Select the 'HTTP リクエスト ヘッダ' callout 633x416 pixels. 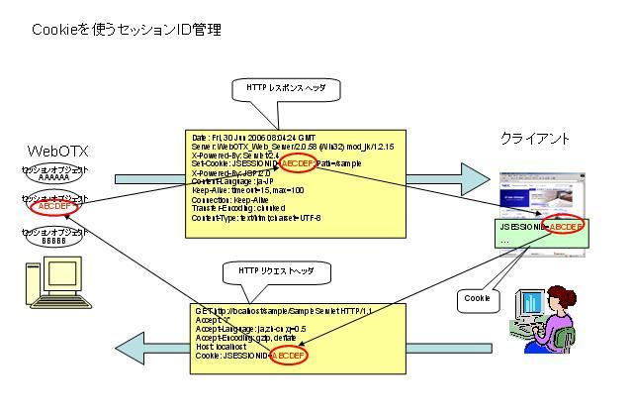(278, 269)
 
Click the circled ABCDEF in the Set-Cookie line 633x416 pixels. (299, 162)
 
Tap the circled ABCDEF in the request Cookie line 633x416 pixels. (285, 355)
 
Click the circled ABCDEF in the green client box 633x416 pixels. (560, 226)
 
